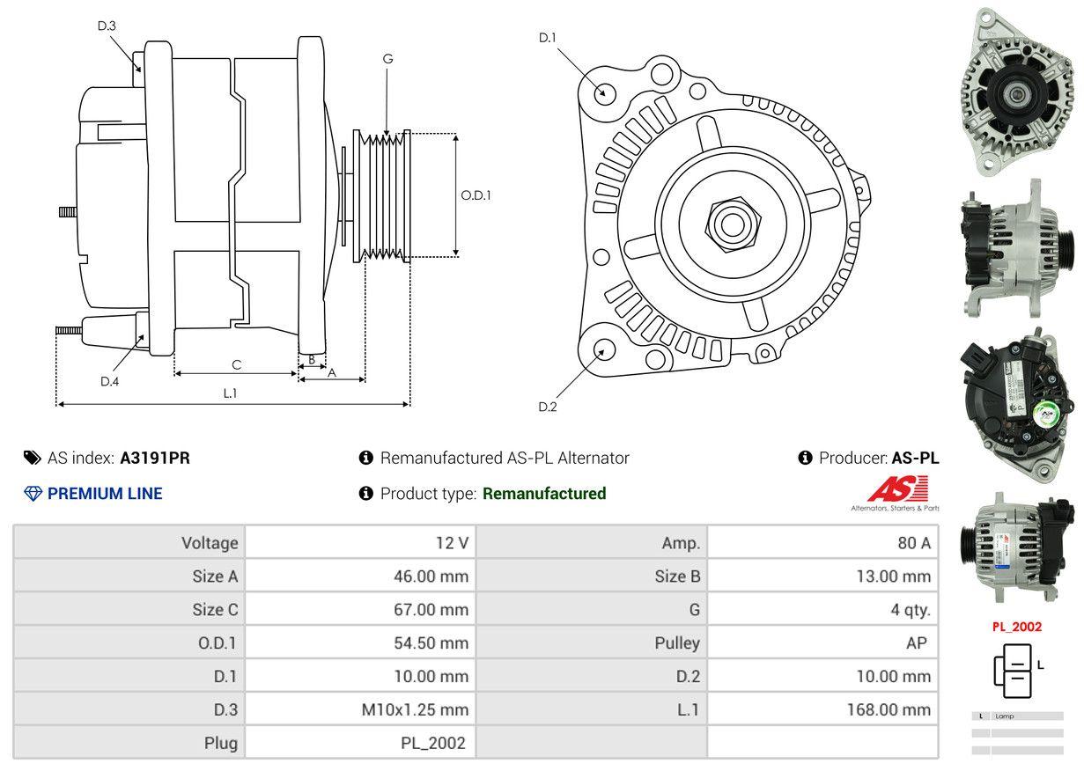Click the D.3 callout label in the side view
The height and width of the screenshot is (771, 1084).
(107, 26)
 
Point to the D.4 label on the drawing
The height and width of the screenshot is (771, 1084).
(109, 381)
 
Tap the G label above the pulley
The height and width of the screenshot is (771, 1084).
(387, 59)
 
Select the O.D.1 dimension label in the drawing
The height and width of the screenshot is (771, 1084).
(476, 195)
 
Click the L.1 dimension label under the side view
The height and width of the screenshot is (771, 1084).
(230, 393)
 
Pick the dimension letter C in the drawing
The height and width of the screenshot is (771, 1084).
(236, 364)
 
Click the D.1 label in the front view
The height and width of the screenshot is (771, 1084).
(548, 37)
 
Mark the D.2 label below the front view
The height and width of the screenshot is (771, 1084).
(548, 407)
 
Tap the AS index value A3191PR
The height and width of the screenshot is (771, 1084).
(155, 458)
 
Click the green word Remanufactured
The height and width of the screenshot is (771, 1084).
(544, 494)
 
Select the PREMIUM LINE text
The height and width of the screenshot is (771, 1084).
(105, 494)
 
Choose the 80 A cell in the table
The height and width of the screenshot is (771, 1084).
(912, 543)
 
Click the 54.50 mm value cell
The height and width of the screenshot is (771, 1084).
(431, 643)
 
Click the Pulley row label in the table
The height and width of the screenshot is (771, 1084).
(677, 643)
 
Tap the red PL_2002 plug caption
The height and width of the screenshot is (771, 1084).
(1016, 627)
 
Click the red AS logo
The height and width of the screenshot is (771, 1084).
(897, 489)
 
